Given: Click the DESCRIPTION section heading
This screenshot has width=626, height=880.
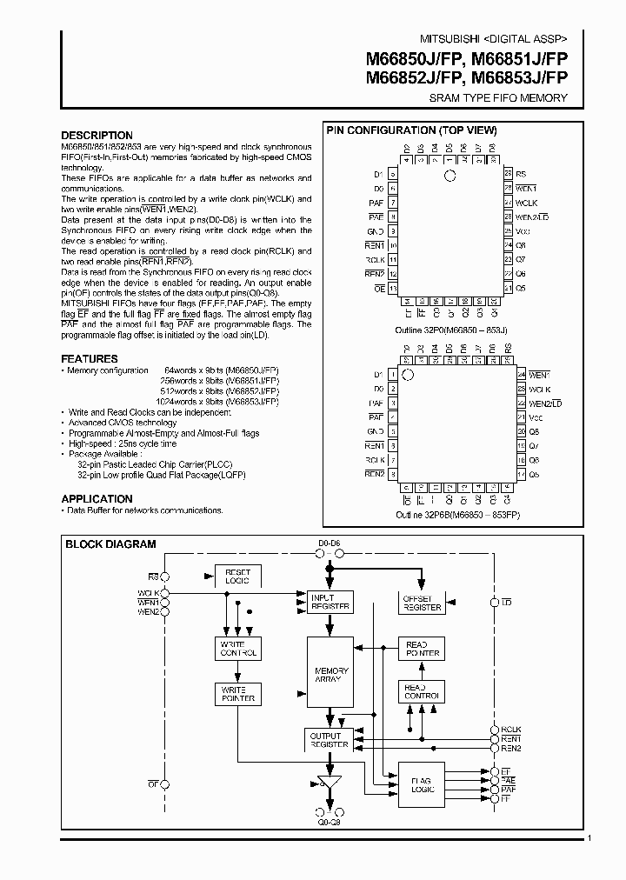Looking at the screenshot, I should [97, 136].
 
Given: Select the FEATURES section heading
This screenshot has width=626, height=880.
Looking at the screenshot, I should [90, 358].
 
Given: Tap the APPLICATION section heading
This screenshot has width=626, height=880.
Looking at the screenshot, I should [97, 499].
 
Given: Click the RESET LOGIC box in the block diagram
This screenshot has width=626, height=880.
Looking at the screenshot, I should [237, 576].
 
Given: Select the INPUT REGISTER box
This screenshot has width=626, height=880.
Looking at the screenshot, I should [330, 601].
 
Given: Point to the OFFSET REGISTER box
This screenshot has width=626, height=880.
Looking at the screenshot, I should [421, 603].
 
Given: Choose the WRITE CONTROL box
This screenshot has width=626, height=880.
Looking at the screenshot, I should [237, 648].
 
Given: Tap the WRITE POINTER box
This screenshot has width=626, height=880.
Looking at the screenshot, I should [237, 693].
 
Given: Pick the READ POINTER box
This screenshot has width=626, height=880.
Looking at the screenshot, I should [423, 649].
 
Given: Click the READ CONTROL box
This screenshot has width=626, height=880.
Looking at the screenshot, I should [423, 692].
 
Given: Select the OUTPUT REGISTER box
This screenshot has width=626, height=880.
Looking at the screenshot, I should [330, 740].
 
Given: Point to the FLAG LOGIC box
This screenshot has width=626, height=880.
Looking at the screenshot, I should [421, 785].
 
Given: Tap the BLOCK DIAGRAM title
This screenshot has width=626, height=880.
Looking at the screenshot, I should [111, 544].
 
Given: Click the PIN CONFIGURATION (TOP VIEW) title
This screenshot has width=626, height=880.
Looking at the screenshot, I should [411, 130].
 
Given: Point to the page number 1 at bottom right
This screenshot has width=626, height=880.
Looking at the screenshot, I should [589, 838].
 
